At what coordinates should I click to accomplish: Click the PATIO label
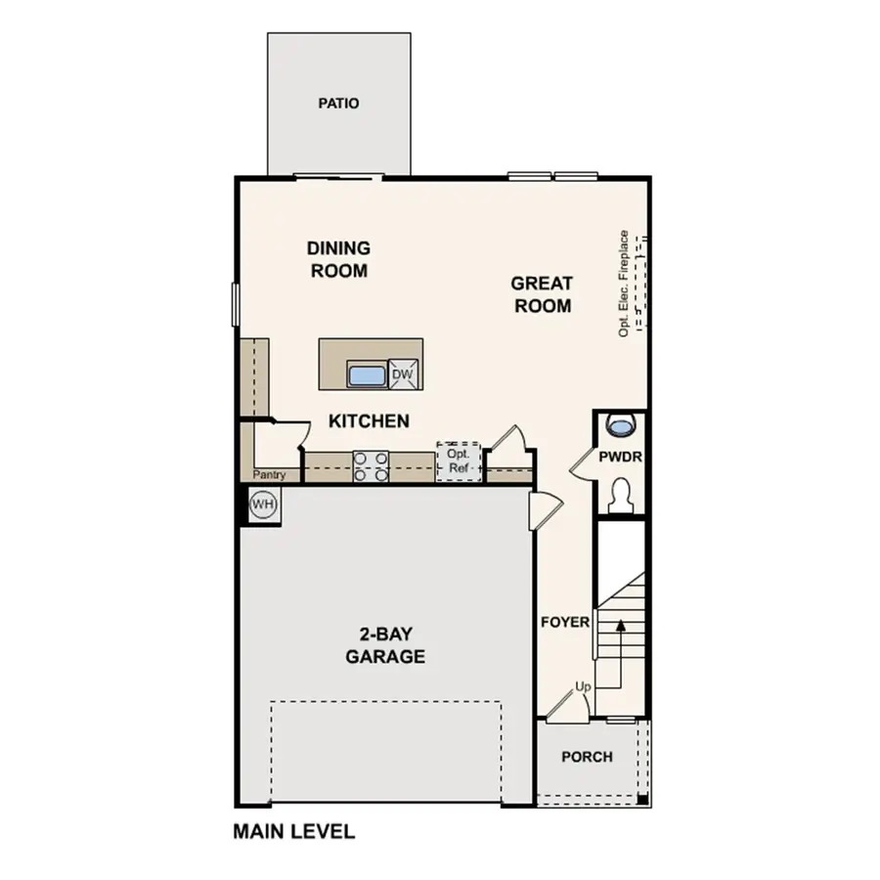click(x=338, y=103)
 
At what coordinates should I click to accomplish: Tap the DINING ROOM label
click(x=338, y=259)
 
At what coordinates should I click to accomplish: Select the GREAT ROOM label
click(x=541, y=294)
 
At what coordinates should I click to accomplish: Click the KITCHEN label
click(x=368, y=421)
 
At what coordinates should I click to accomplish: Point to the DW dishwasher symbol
click(x=402, y=374)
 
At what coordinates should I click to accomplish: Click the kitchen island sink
click(x=367, y=374)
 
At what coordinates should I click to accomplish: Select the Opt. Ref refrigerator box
click(x=459, y=462)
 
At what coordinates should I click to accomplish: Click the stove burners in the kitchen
click(x=371, y=465)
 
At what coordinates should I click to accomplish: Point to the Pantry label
click(x=268, y=474)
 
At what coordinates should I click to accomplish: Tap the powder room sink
click(x=621, y=425)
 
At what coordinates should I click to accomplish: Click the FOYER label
click(x=565, y=622)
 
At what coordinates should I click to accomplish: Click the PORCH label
click(x=587, y=757)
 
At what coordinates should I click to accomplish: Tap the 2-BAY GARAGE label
click(x=384, y=644)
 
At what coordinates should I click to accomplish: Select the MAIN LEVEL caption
click(x=293, y=833)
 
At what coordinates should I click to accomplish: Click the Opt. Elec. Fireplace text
click(x=623, y=284)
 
